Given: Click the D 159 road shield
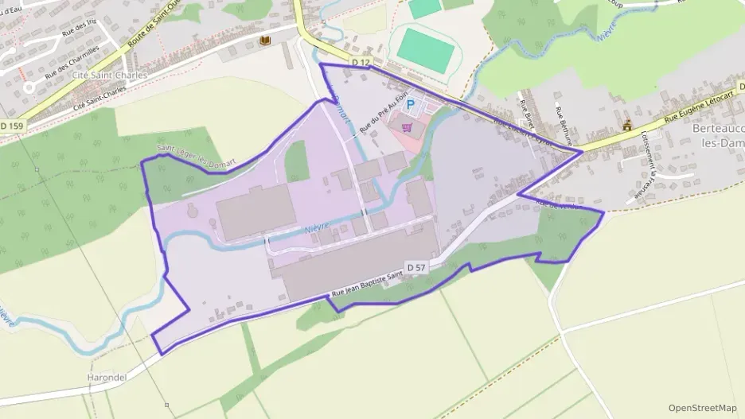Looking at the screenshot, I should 11,125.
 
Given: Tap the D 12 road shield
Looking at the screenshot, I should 361,61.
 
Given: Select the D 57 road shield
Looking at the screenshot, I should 416,267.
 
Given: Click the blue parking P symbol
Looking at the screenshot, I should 411,104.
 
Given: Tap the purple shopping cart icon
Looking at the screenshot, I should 408,126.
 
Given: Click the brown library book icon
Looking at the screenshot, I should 263,40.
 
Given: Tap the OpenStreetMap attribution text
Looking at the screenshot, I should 702,408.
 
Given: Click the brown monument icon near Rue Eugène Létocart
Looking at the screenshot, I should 627,125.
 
